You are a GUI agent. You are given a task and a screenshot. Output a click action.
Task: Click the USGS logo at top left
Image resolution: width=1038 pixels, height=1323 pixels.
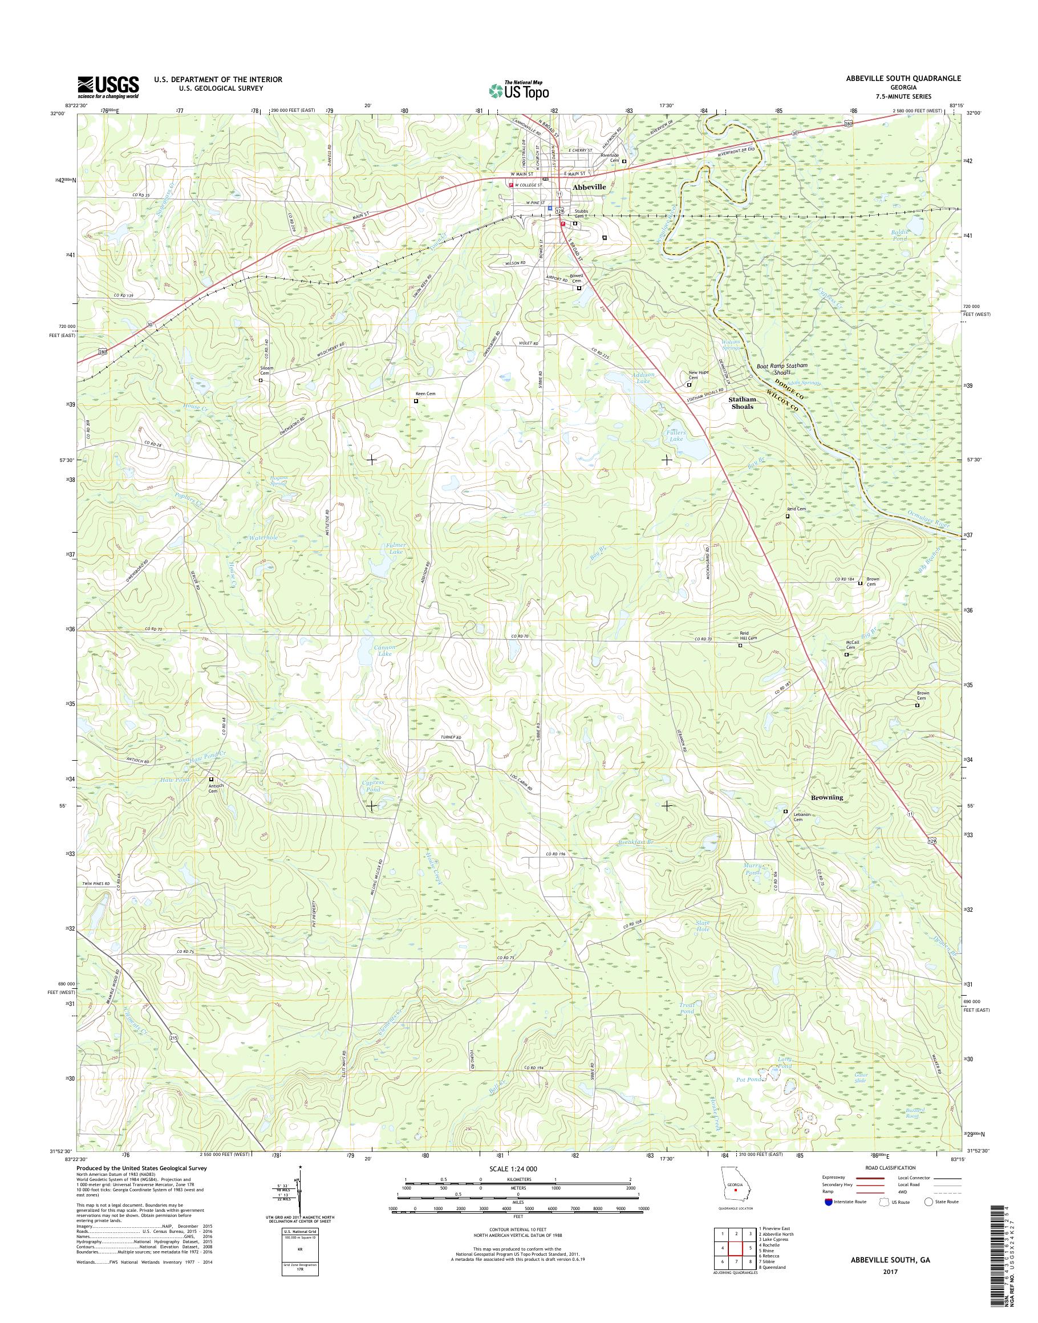pyautogui.click(x=108, y=87)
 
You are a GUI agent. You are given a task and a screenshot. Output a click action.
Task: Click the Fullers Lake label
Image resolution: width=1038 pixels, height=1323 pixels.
pyautogui.click(x=676, y=435)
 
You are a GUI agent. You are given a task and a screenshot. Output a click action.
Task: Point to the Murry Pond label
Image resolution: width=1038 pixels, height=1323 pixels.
pyautogui.click(x=752, y=869)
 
